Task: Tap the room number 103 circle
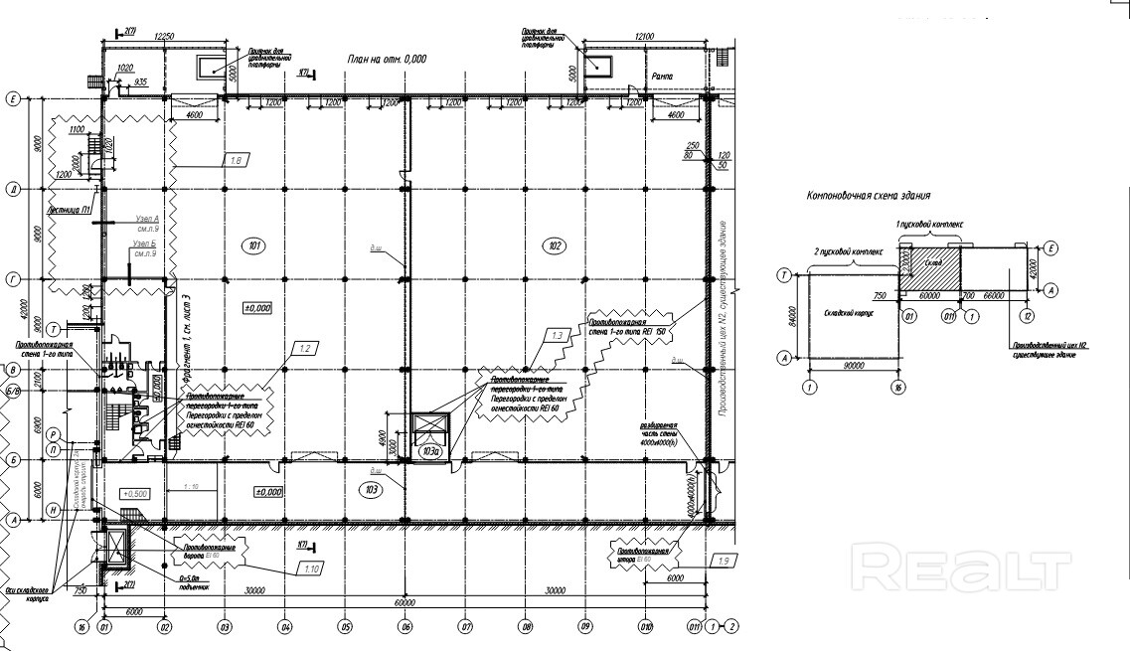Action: [371, 488]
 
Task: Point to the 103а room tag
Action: [430, 453]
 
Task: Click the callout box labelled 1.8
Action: [237, 160]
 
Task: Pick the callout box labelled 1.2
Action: [306, 348]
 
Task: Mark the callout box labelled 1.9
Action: [726, 563]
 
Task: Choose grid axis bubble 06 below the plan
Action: [405, 626]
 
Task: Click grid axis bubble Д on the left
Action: [14, 187]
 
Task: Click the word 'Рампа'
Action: [663, 77]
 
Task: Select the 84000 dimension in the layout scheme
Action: [793, 315]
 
